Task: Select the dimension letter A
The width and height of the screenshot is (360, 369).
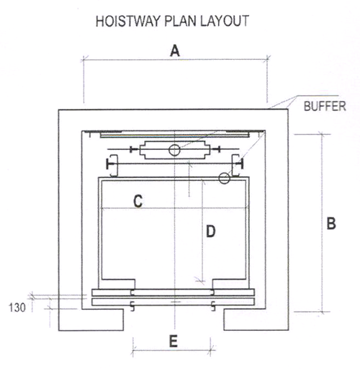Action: coord(175,51)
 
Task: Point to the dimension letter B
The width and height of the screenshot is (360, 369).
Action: coord(331,223)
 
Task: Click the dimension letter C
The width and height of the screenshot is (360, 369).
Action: coord(138,201)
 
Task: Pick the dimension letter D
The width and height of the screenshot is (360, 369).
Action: coord(211,231)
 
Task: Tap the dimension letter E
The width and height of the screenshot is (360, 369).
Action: coord(174,341)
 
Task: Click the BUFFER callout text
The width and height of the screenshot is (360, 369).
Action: coord(325,106)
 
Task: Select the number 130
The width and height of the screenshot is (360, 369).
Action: coord(17,308)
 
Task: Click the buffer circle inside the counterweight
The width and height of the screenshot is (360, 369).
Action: coord(174,151)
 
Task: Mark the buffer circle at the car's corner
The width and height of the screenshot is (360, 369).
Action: coord(224,178)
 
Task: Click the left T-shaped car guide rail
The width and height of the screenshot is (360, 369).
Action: coord(111,165)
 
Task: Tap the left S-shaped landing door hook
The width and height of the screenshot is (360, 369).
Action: coord(132,306)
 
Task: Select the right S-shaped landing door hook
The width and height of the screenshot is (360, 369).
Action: coord(213,306)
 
